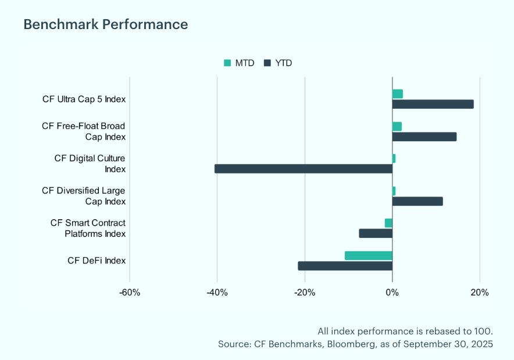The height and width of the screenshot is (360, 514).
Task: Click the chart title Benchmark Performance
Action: tap(105, 24)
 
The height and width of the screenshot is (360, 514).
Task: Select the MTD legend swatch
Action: tap(227, 63)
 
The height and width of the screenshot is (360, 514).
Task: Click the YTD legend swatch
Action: tap(267, 63)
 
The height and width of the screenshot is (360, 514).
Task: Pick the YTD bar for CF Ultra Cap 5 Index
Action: tap(433, 104)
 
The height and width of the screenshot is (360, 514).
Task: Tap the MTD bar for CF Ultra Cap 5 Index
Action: tap(398, 94)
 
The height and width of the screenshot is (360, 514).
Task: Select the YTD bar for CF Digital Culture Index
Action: tap(303, 169)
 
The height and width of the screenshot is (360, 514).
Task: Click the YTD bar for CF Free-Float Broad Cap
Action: tap(424, 137)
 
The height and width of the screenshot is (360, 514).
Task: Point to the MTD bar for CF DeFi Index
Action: tap(368, 255)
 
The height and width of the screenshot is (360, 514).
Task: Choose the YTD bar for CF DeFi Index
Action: tap(345, 266)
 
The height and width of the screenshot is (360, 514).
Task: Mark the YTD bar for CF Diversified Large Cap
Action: tap(417, 201)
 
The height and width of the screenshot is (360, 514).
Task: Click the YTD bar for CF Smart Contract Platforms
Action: tap(376, 233)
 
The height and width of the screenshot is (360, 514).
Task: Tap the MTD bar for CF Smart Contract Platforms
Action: tap(388, 223)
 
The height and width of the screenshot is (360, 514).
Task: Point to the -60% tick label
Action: tap(130, 292)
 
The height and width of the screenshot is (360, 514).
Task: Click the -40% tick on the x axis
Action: tap(217, 292)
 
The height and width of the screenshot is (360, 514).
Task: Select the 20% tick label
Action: tap(480, 292)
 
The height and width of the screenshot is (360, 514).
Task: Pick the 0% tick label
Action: tap(392, 292)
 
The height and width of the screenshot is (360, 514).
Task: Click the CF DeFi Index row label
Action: tap(97, 261)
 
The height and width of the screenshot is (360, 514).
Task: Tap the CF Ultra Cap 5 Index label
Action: tap(84, 99)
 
